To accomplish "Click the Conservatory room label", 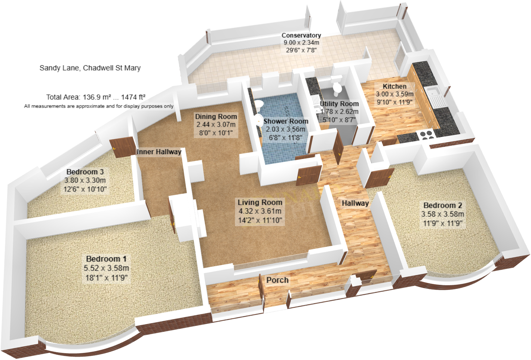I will [x=301, y=35].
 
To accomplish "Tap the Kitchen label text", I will [x=395, y=86].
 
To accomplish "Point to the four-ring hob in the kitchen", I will [x=426, y=134].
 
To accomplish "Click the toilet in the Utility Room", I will [x=337, y=88].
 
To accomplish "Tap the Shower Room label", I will [x=286, y=121].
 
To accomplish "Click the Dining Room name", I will [x=216, y=116].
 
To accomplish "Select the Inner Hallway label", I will [x=159, y=152].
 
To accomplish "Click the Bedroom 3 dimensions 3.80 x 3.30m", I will [x=85, y=180].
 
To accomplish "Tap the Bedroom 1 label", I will [x=106, y=259].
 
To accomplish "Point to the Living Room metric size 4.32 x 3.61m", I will [x=260, y=211].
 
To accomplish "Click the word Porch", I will [x=277, y=280].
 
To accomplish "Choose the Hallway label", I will [x=355, y=203].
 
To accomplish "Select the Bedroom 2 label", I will [x=442, y=205].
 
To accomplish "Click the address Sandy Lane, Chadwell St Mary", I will [x=90, y=68].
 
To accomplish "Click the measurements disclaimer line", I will [x=99, y=106].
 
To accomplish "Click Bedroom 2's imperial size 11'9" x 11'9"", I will [x=442, y=223].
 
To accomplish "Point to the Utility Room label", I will [x=339, y=104].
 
